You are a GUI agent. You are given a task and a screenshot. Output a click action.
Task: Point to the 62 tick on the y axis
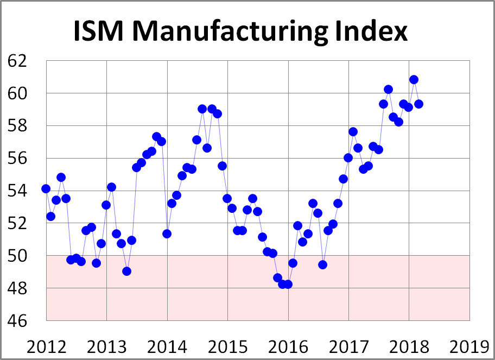pos(20,61)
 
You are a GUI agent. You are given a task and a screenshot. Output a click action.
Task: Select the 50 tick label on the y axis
pos(20,255)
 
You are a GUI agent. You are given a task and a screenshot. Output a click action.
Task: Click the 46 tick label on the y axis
pos(20,320)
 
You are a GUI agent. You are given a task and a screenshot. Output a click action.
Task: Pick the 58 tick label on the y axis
pos(20,125)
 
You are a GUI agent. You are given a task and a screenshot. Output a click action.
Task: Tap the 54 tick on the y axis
pos(20,191)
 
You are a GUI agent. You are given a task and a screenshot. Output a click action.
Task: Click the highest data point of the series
pos(414,79)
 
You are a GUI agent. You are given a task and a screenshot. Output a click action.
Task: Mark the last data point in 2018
pos(418,104)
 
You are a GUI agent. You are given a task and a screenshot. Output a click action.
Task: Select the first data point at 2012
pos(46,188)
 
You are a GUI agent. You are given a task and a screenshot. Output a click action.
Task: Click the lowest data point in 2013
pos(126,271)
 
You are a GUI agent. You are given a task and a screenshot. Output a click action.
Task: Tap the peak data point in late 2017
pos(388,89)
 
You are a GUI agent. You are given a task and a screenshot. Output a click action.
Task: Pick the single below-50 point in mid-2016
pos(322,264)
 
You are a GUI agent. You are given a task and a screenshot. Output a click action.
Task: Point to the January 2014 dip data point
pos(167,233)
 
